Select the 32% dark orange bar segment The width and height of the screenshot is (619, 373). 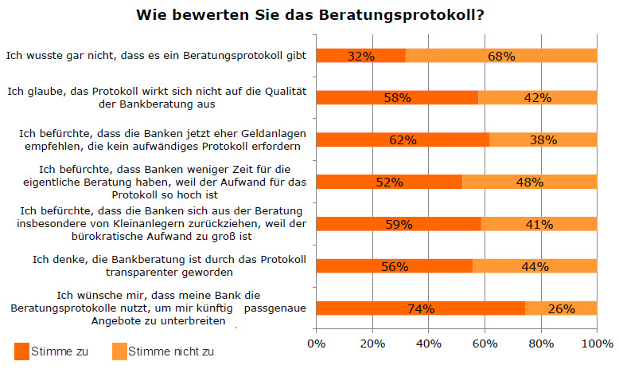[361, 56]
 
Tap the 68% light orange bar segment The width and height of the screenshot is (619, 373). [501, 56]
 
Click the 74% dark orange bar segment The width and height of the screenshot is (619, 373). [420, 308]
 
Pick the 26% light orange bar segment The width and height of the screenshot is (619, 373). [561, 308]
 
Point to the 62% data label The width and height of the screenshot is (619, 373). [403, 140]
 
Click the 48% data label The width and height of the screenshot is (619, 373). [529, 183]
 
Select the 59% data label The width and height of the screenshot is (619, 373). [399, 225]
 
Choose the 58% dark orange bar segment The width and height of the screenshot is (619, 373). [397, 98]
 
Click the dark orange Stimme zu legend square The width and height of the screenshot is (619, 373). [22, 350]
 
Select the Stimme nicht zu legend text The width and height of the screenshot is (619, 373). [171, 351]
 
